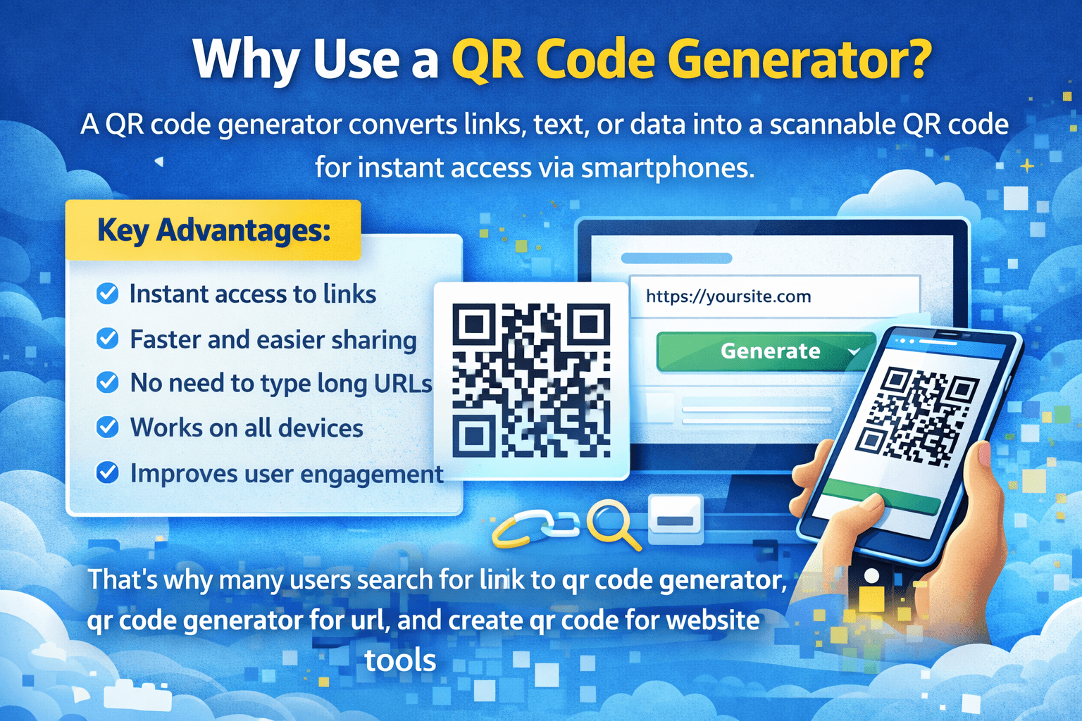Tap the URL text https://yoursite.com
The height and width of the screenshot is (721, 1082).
pos(728,296)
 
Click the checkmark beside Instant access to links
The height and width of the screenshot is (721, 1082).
pos(107,294)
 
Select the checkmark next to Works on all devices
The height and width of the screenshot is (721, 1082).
pos(107,427)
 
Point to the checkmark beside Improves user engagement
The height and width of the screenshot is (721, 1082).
pos(107,473)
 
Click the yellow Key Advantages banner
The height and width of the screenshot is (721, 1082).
pos(213,230)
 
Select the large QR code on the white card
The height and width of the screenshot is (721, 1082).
pos(530,380)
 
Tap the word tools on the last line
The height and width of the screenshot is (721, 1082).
pos(400,660)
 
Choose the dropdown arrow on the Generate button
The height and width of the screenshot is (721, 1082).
pos(854,351)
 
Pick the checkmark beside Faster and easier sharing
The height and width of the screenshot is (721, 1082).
pos(107,339)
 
